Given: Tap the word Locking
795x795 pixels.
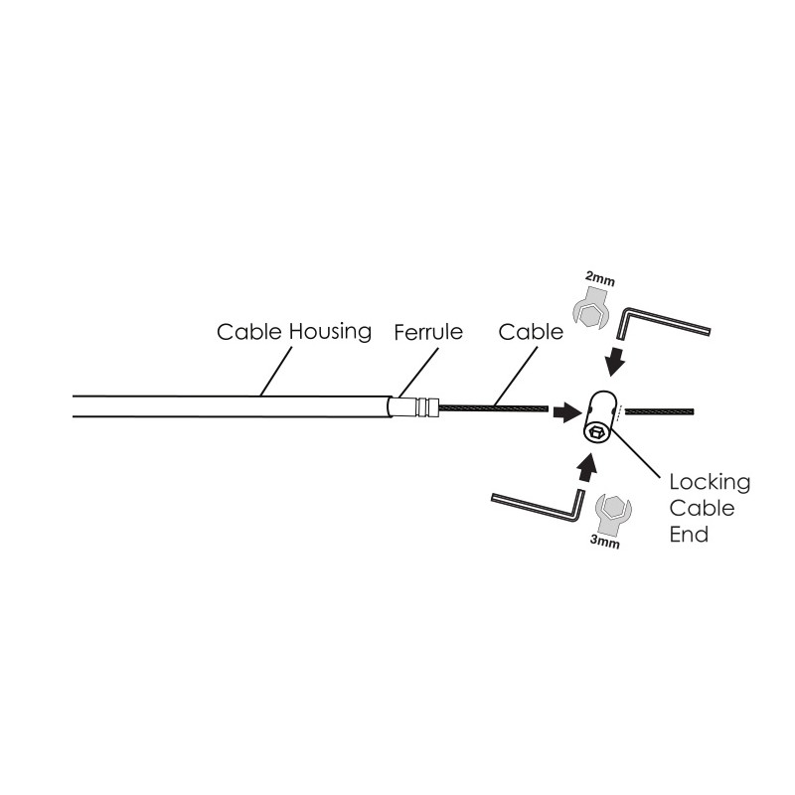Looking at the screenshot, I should [709, 484].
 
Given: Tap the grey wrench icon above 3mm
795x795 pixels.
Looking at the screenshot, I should [610, 512].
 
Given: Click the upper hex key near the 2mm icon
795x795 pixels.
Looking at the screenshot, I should [661, 325].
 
